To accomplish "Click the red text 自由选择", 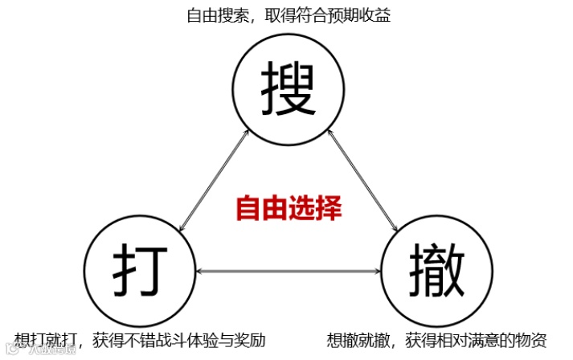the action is pos(289,208).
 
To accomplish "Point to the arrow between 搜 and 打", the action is pos(214,179).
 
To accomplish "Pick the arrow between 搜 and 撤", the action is pos(364,178).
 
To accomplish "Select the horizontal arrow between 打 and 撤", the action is pos(288,271).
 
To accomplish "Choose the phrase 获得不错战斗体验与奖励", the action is pos(178,339).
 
